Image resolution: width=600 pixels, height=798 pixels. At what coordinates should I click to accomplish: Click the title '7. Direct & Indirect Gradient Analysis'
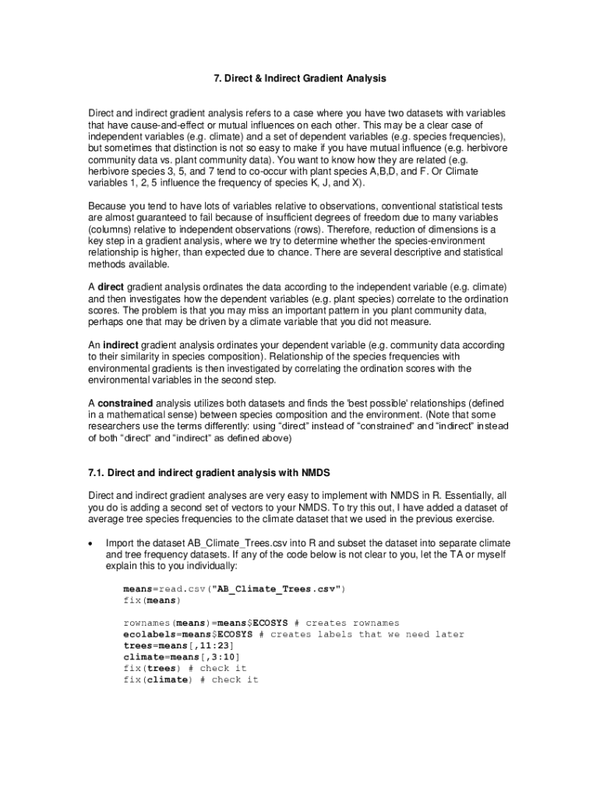(300, 79)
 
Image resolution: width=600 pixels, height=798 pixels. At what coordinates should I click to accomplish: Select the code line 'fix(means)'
(151, 601)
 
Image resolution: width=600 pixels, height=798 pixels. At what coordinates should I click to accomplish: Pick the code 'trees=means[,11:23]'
(178, 646)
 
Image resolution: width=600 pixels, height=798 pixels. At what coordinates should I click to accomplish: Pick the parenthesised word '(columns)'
(109, 230)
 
